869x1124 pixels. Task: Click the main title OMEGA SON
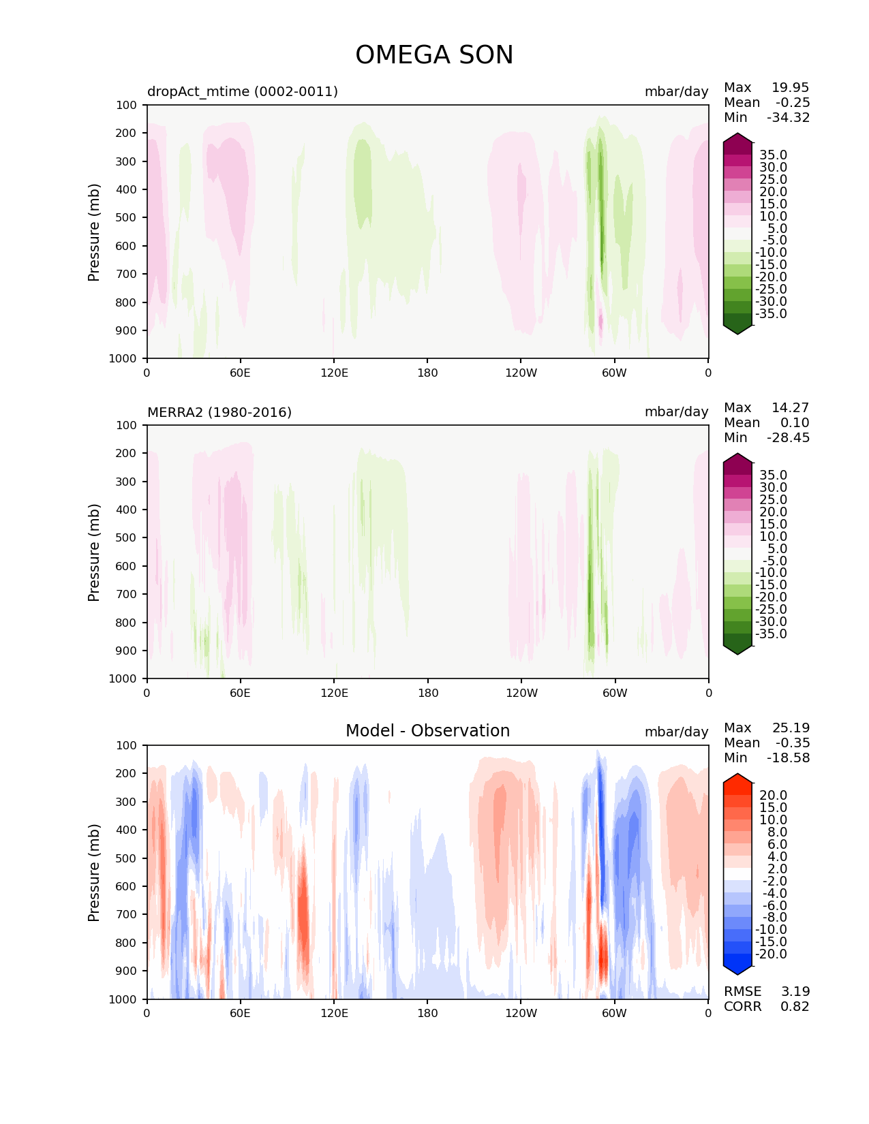coord(434,55)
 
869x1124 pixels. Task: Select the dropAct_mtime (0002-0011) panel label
coord(243,91)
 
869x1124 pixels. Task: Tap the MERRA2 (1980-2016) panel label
coord(219,412)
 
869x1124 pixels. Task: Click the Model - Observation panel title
coord(427,731)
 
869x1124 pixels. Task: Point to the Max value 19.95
coord(790,87)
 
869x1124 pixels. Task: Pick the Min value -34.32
coord(788,117)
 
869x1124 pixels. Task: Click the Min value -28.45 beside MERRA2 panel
coord(788,437)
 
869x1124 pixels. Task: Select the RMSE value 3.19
coord(795,991)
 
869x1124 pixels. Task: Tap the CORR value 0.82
coord(795,1006)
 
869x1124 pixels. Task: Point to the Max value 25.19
coord(791,728)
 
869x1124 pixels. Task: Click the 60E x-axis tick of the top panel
coord(240,373)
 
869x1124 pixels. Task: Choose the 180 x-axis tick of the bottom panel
coord(427,1013)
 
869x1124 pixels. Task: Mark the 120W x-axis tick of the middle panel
coord(521,693)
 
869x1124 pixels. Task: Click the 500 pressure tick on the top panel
coord(127,217)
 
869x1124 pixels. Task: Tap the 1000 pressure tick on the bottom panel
coord(123,999)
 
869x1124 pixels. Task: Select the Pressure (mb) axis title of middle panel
coord(94,552)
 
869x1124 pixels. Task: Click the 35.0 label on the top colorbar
coord(773,155)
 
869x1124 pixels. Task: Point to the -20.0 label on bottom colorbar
coord(771,954)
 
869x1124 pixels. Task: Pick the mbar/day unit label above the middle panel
coord(676,412)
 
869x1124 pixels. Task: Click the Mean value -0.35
coord(792,743)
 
